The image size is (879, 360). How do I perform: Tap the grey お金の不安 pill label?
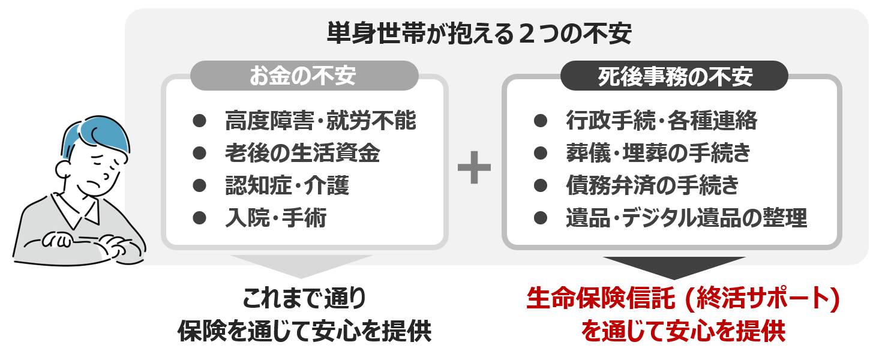click(304, 76)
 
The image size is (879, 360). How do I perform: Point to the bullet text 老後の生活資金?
click(302, 154)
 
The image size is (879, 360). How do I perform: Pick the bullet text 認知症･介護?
click(287, 186)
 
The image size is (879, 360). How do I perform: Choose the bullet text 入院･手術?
click(276, 218)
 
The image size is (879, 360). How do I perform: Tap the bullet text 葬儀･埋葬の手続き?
click(658, 154)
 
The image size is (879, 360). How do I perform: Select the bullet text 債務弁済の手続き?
click(652, 186)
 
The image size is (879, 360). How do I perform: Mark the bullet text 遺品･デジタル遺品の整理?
click(686, 218)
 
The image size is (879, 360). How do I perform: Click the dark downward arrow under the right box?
click(674, 266)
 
